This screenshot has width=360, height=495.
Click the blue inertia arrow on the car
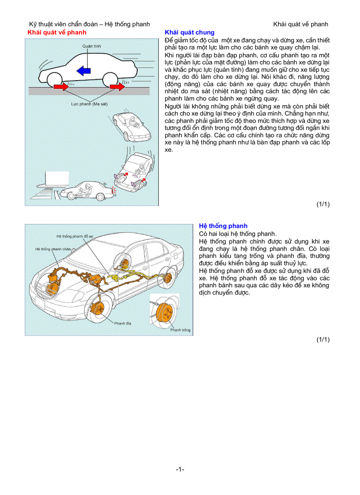84,70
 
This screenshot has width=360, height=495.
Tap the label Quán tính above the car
90,46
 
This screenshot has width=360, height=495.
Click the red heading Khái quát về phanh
57,33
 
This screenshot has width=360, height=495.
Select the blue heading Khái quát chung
189,33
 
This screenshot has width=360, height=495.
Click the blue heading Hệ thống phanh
223,226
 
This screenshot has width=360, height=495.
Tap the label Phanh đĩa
123,324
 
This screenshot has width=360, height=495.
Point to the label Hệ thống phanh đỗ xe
75,236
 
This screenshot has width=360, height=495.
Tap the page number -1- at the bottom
180,469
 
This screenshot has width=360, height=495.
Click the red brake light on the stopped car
115,190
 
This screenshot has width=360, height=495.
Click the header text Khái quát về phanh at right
300,24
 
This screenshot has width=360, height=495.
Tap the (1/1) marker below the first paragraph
323,204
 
